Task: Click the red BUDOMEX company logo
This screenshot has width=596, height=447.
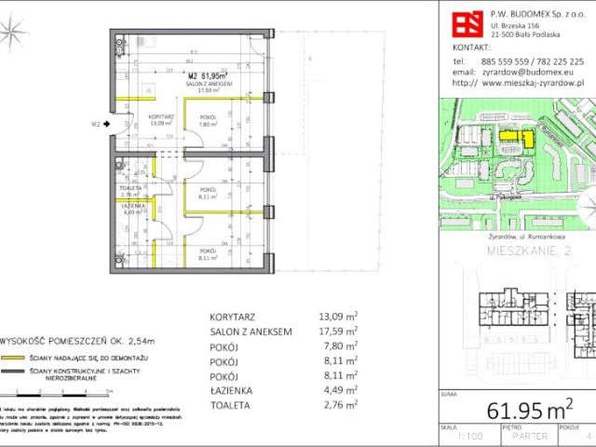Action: (467, 20)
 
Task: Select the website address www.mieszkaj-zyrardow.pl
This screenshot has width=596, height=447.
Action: (529, 82)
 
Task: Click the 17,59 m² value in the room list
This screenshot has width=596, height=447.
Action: (339, 332)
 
